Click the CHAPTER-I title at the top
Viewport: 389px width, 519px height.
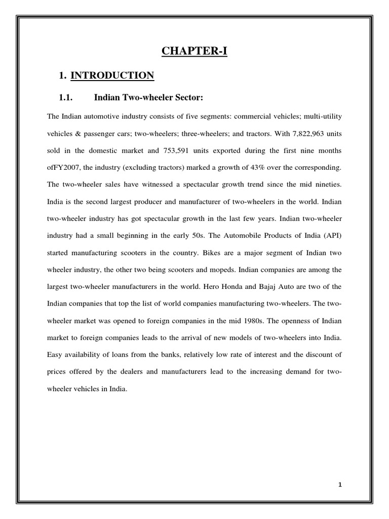pyautogui.click(x=194, y=51)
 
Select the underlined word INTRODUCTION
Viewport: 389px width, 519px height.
pyautogui.click(x=112, y=76)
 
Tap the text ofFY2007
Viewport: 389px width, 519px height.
pyautogui.click(x=63, y=168)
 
